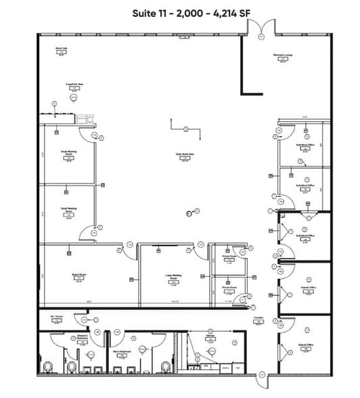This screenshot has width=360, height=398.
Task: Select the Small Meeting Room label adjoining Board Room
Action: tap(69, 211)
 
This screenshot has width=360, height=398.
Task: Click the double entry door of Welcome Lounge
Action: tap(261, 28)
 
